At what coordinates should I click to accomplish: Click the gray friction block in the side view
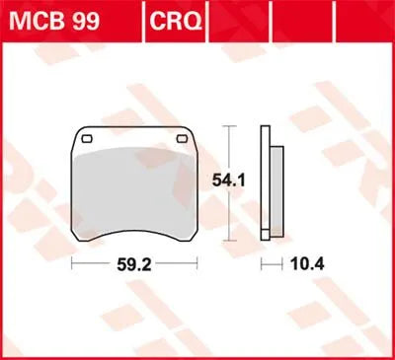(x=276, y=191)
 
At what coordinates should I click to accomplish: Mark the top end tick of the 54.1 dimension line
(x=230, y=127)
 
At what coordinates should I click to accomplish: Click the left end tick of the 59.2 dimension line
(x=72, y=264)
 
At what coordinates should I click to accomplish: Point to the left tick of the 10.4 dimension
(x=262, y=264)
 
